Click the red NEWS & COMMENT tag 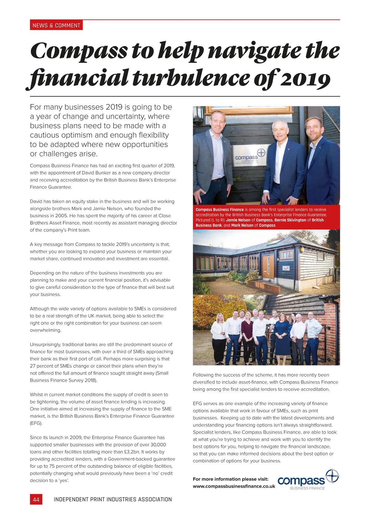56,25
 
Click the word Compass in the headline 79,51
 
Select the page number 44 36,499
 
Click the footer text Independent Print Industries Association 113,499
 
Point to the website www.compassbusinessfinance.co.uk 234,486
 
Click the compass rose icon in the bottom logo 332,476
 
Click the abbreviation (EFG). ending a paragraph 36,423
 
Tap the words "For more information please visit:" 230,479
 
